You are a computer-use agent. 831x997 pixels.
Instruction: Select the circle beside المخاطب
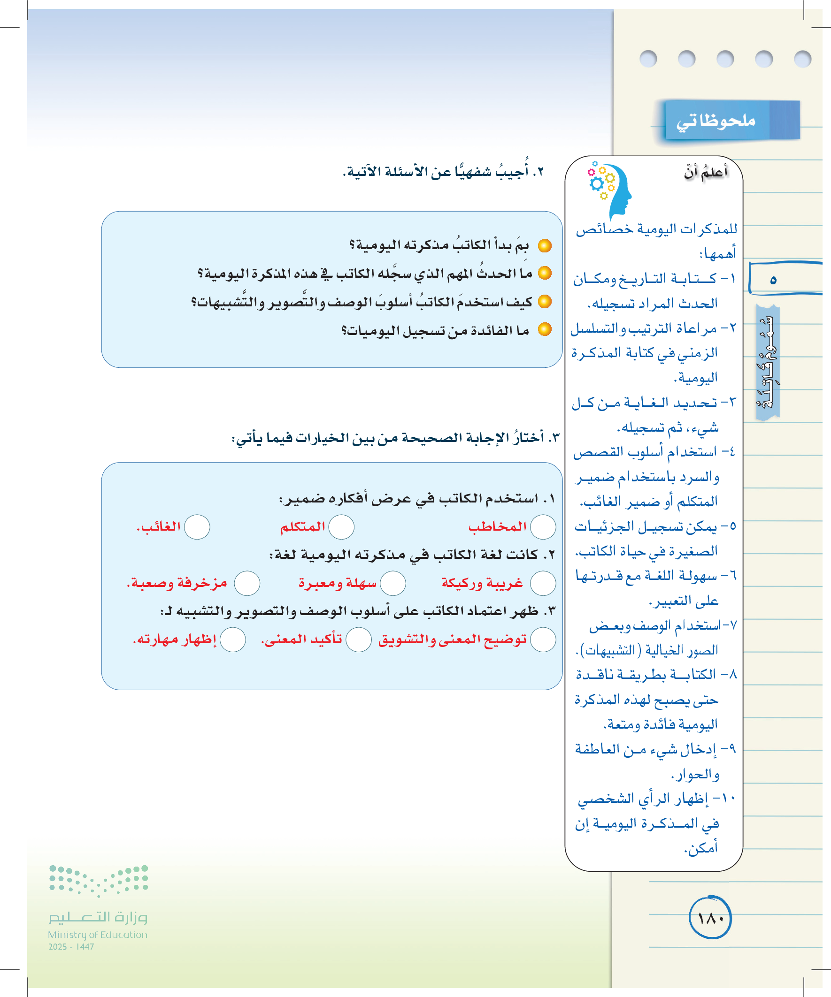(x=543, y=527)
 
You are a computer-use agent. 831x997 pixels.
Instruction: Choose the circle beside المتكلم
(x=342, y=527)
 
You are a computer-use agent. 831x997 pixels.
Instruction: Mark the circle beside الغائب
(x=197, y=527)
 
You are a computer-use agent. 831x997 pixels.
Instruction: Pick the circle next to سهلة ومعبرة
(x=393, y=583)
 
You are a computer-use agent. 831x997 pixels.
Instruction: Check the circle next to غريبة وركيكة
(x=543, y=583)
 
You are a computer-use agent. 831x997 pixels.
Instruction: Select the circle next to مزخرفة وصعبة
(x=247, y=583)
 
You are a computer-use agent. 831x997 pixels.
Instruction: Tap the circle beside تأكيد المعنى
(x=359, y=639)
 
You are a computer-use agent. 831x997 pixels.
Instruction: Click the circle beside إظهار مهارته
(x=233, y=639)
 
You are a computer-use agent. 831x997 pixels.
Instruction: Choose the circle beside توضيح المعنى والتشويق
(x=543, y=639)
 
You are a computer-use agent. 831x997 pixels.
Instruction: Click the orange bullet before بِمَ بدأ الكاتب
(x=545, y=245)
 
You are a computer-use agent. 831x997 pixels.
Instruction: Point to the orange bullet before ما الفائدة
(x=545, y=329)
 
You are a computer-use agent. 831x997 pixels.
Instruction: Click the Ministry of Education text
(x=97, y=934)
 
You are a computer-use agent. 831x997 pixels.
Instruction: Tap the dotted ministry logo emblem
(x=99, y=880)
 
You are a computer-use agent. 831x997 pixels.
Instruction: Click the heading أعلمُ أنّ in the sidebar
(x=706, y=172)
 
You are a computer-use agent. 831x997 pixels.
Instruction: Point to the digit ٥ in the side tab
(x=773, y=280)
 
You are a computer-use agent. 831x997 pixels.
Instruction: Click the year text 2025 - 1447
(x=71, y=947)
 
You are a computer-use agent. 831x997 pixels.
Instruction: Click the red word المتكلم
(x=303, y=526)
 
